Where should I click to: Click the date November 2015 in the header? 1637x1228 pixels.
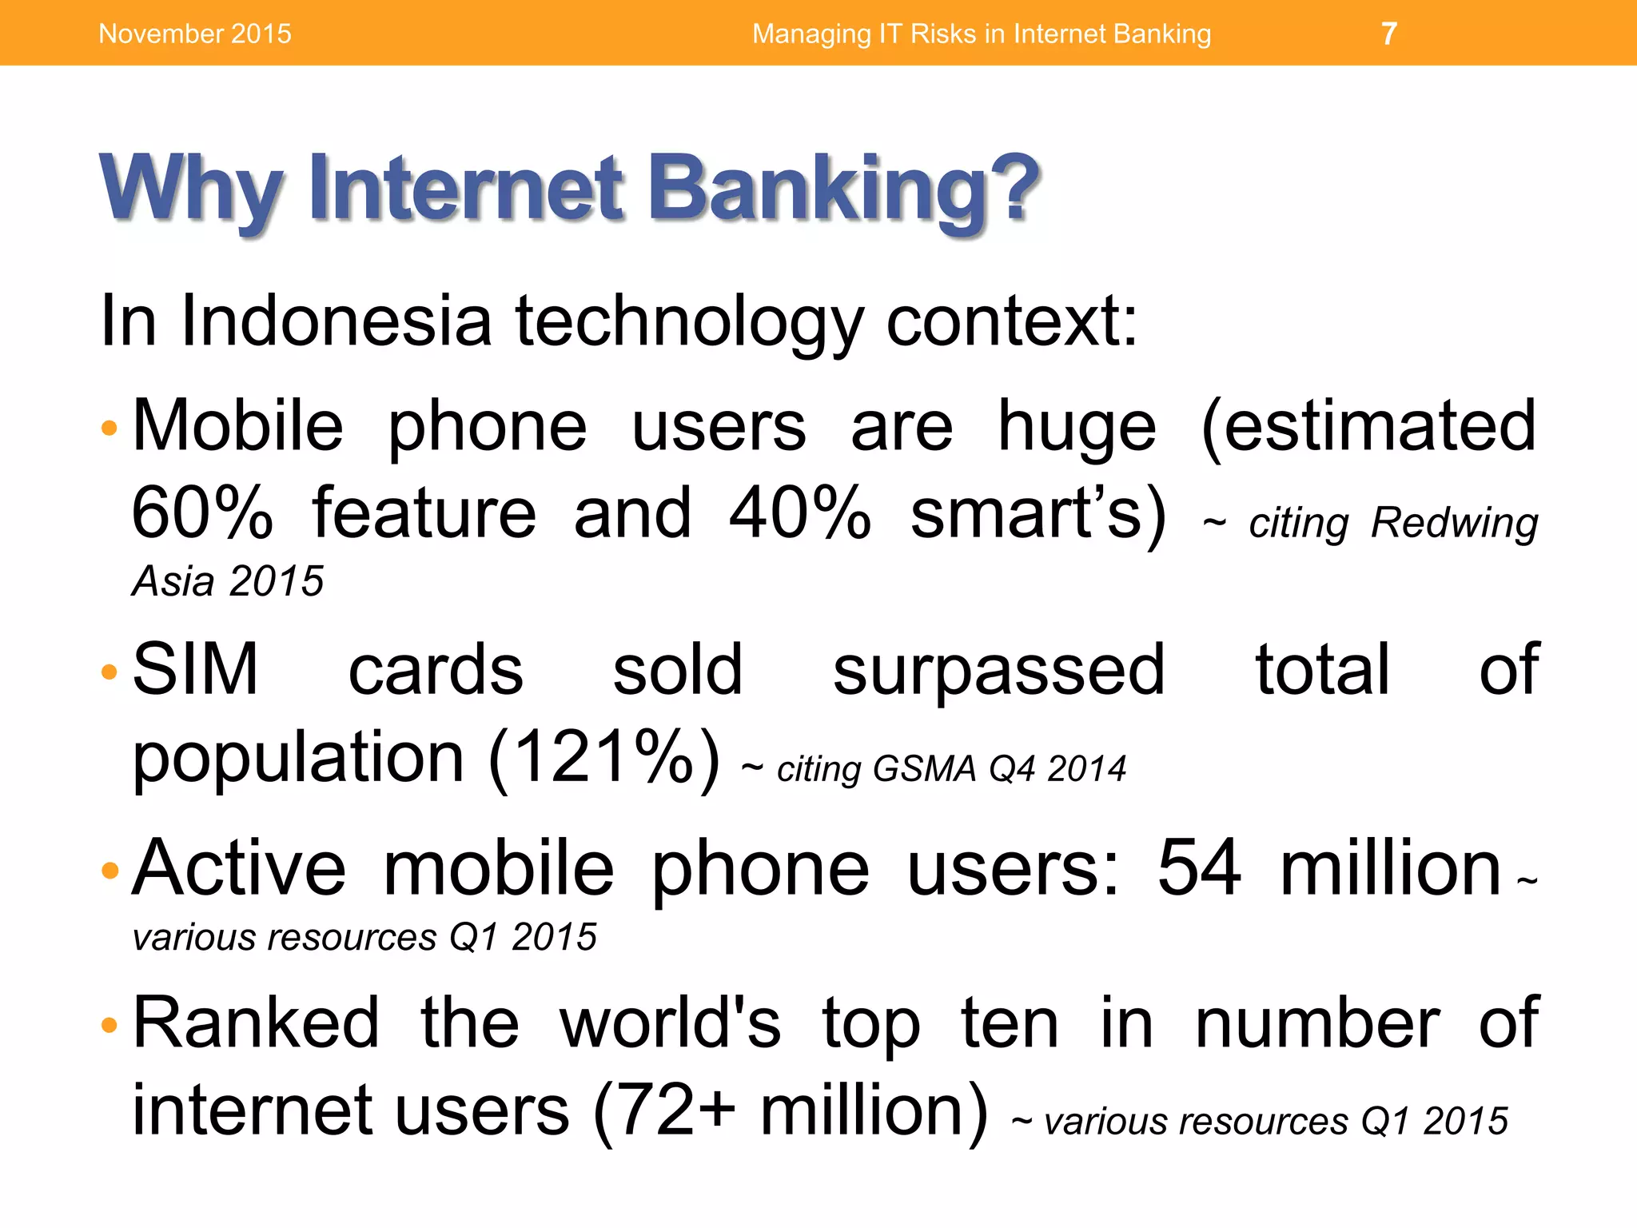point(195,34)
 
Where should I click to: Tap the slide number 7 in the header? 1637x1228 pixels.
point(1389,34)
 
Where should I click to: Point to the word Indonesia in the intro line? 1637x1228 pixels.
point(336,321)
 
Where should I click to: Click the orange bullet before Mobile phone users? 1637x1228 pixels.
point(110,429)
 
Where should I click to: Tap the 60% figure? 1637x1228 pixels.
point(201,513)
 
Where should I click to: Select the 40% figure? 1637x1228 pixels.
point(799,513)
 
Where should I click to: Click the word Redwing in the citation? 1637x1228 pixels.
point(1454,524)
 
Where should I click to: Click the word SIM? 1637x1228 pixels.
point(196,670)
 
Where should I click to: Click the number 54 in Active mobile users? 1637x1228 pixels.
point(1199,868)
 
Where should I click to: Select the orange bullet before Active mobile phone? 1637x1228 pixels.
point(110,870)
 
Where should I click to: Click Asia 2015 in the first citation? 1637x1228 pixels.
point(228,581)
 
